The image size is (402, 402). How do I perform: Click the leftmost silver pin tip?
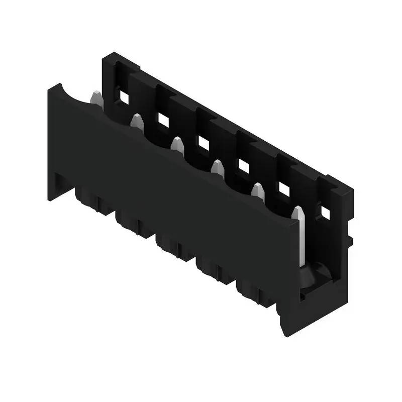95,97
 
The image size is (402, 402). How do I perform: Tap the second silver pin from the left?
136,121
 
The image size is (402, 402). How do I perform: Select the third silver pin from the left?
177,144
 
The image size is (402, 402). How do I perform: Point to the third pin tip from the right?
217,168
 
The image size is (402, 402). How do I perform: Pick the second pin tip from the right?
258,191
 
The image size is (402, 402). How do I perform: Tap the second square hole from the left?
163,120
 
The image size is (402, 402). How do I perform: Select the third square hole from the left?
203,143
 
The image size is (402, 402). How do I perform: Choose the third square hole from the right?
244,166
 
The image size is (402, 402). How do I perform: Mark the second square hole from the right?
284,189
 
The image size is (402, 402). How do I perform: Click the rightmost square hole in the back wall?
325,213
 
